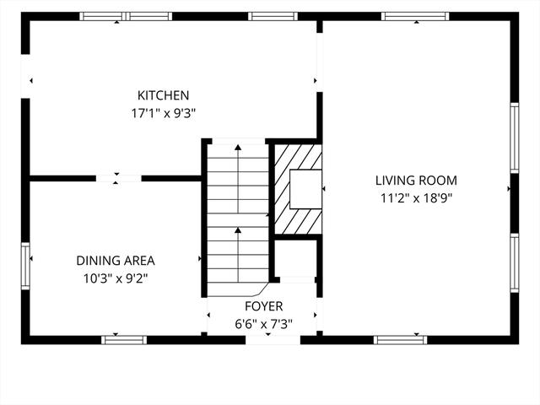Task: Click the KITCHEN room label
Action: (163, 95)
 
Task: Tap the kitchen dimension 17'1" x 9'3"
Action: (163, 113)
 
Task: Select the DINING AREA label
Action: (116, 261)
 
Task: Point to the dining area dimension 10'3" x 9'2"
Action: (116, 278)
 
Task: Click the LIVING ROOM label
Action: (416, 181)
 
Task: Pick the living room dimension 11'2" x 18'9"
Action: (416, 198)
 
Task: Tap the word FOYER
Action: (264, 306)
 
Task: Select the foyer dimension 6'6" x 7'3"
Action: (264, 324)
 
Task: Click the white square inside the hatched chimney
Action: (305, 189)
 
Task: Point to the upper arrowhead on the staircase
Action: (238, 148)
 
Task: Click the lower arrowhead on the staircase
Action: (238, 229)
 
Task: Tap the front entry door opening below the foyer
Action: (273, 340)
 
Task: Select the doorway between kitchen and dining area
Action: (118, 178)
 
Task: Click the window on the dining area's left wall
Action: (25, 266)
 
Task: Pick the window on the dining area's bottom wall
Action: (124, 340)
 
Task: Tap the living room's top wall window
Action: (415, 16)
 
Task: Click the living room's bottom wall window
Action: (400, 340)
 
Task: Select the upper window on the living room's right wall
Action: (515, 138)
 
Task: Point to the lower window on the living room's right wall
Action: (515, 262)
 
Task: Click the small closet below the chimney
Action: (296, 258)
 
